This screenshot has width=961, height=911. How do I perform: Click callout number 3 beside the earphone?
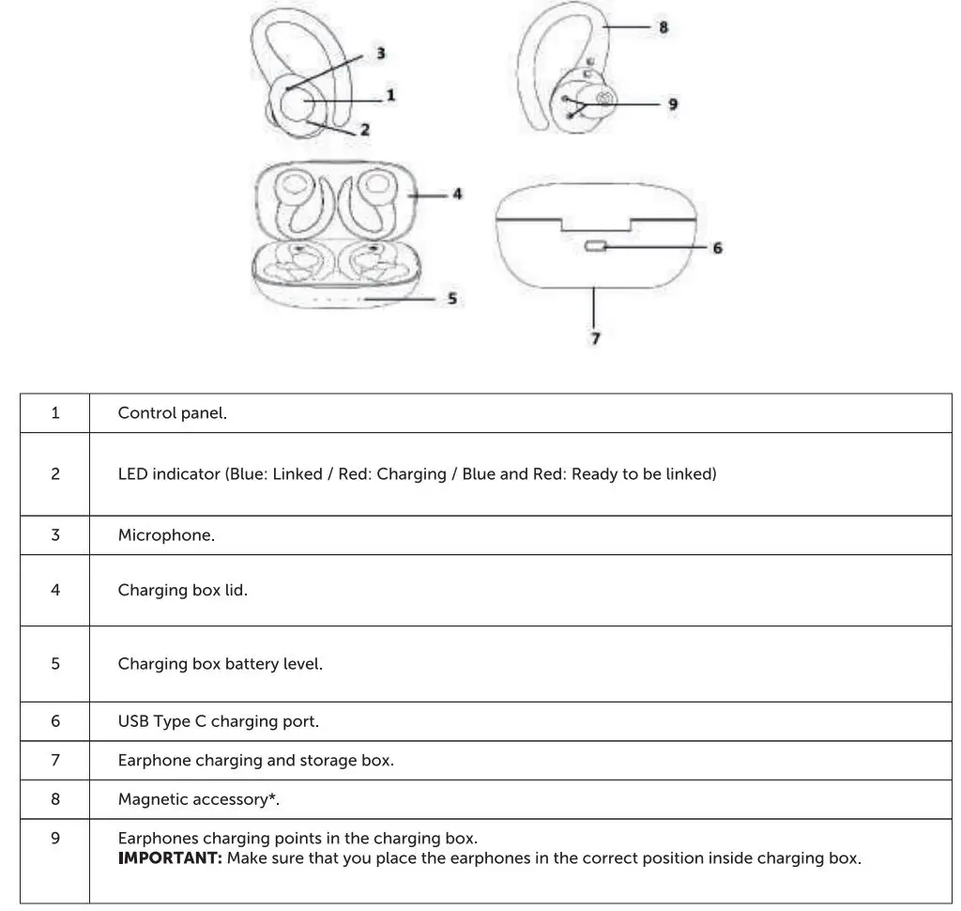[x=381, y=54]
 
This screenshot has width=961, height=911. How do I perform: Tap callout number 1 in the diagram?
[x=390, y=95]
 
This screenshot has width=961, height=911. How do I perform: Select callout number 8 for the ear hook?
[x=664, y=27]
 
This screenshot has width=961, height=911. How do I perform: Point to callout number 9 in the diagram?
[x=673, y=104]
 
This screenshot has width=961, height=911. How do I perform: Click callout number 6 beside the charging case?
[x=718, y=248]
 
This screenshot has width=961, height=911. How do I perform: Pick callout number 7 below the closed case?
[x=596, y=338]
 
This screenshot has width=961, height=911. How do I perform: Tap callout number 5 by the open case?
[x=452, y=299]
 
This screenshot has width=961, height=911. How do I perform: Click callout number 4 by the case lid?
[x=457, y=194]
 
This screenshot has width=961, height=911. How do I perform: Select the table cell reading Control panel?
[x=172, y=413]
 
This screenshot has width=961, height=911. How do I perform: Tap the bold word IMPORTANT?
[x=170, y=858]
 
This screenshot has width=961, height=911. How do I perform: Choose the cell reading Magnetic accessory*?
[x=199, y=799]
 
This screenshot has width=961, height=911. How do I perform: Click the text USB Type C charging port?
[x=218, y=721]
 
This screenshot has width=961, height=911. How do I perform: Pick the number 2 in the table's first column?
[x=55, y=474]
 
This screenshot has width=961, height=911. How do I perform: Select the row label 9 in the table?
[x=55, y=838]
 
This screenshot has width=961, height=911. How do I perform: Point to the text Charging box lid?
[x=182, y=591]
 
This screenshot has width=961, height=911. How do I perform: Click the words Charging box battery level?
[x=220, y=664]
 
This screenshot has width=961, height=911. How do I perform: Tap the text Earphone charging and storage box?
[x=255, y=761]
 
